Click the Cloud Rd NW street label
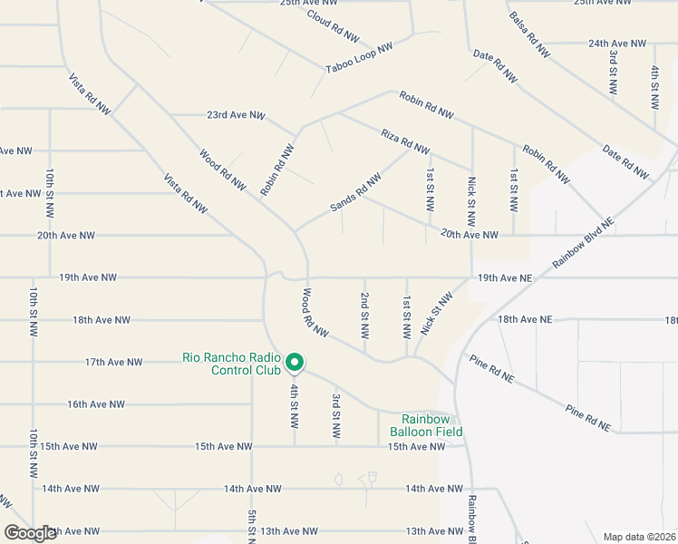click(x=333, y=27)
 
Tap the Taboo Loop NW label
click(x=360, y=57)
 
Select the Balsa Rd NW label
click(x=529, y=35)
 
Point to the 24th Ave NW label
click(x=617, y=43)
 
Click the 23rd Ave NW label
click(x=236, y=115)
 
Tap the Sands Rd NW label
click(x=355, y=194)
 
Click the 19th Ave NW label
click(x=88, y=277)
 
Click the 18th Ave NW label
click(x=102, y=320)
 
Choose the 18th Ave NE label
click(x=524, y=320)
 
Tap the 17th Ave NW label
click(x=114, y=362)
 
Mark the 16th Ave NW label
click(x=96, y=404)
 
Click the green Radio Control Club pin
click(x=295, y=363)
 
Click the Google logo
click(x=31, y=533)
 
